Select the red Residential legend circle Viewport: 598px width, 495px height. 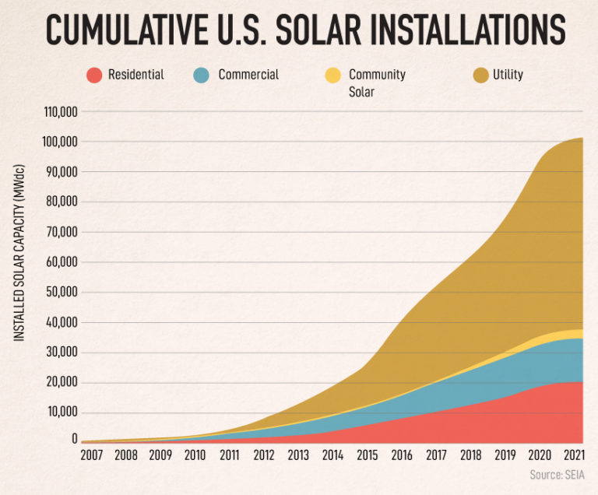click(x=94, y=75)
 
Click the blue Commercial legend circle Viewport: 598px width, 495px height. click(x=201, y=75)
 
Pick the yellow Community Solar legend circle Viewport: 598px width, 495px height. click(x=332, y=75)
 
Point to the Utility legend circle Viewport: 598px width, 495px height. click(x=479, y=75)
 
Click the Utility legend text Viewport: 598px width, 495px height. click(x=508, y=75)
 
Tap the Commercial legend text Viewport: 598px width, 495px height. click(x=248, y=75)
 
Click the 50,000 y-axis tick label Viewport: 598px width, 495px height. click(x=59, y=293)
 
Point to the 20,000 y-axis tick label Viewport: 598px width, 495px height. click(x=59, y=383)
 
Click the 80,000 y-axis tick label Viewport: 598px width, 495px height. click(x=59, y=202)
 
